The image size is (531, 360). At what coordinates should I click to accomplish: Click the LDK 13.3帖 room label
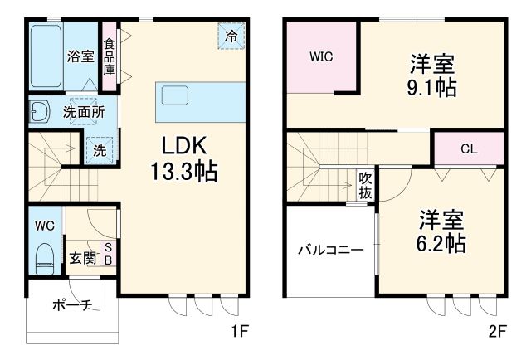click(184, 158)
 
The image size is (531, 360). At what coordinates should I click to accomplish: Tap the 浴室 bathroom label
click(80, 56)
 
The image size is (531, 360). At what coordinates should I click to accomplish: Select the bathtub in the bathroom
click(46, 56)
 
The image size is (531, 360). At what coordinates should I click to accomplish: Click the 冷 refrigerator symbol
click(231, 36)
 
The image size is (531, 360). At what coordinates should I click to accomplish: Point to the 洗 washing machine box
click(99, 150)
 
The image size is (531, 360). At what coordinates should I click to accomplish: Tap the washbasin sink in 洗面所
click(37, 111)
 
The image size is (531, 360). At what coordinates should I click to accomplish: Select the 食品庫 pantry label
click(109, 56)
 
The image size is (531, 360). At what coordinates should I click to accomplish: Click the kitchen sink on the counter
click(176, 95)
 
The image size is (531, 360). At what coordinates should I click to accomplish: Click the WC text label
click(44, 225)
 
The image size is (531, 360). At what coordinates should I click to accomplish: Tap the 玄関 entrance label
click(80, 258)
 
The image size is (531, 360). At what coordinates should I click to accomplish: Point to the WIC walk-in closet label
click(322, 58)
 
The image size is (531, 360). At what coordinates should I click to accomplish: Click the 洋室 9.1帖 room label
click(432, 75)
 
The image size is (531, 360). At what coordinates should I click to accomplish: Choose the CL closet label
click(468, 150)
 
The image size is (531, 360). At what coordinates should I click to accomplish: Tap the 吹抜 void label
click(364, 184)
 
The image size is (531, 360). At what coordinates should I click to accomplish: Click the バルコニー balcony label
click(331, 249)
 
